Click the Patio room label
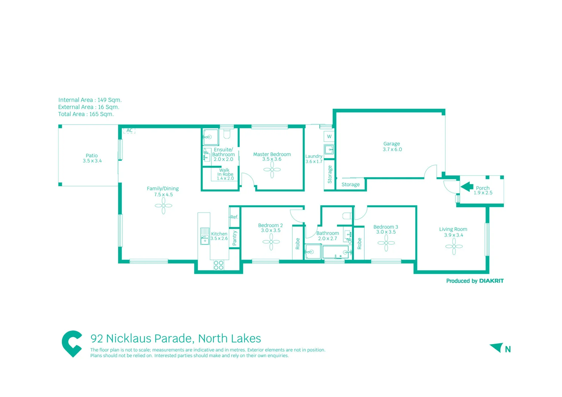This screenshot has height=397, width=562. pyautogui.click(x=92, y=155)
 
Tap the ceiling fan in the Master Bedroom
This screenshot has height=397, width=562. pyautogui.click(x=272, y=169)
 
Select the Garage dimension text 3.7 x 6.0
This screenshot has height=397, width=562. pyautogui.click(x=392, y=150)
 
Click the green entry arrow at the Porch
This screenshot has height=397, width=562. pyautogui.click(x=467, y=187)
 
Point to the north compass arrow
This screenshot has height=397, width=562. pyautogui.click(x=497, y=347)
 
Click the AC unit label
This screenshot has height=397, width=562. pyautogui.click(x=129, y=130)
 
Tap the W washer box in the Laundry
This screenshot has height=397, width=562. pyautogui.click(x=329, y=137)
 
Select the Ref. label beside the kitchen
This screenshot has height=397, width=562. pyautogui.click(x=234, y=217)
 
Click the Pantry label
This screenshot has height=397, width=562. pyautogui.click(x=235, y=238)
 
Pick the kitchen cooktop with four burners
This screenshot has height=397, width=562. pyautogui.click(x=218, y=265)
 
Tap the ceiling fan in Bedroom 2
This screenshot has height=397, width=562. pyautogui.click(x=271, y=242)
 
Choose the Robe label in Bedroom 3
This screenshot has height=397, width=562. pyautogui.click(x=359, y=243)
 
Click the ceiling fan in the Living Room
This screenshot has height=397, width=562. pyautogui.click(x=454, y=247)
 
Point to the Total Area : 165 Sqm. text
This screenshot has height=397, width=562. pyautogui.click(x=86, y=114)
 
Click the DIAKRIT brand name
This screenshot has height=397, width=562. pyautogui.click(x=491, y=281)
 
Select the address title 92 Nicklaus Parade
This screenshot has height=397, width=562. pyautogui.click(x=176, y=338)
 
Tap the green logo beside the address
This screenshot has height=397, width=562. pyautogui.click(x=72, y=343)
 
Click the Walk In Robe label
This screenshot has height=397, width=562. pyautogui.click(x=225, y=172)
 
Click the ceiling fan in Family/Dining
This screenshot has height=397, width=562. pyautogui.click(x=164, y=206)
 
